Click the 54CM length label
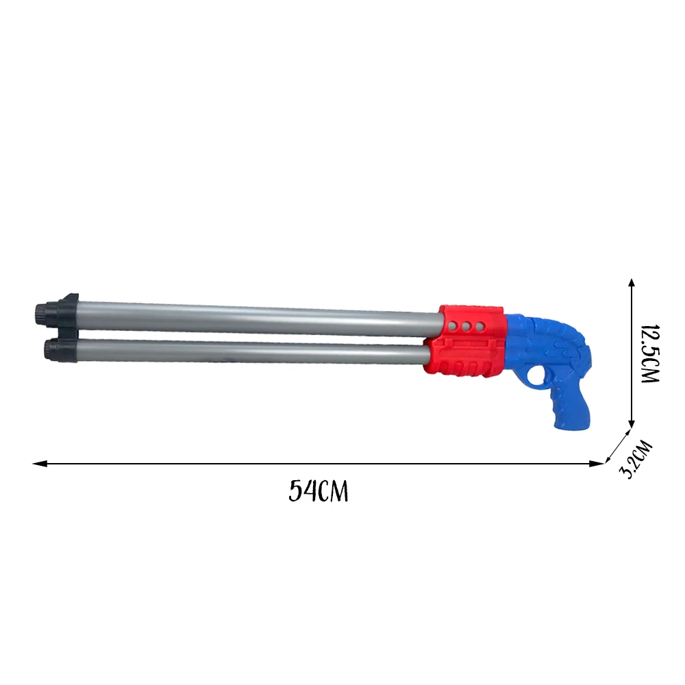pyautogui.click(x=319, y=491)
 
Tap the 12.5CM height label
pyautogui.click(x=649, y=354)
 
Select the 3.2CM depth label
pyautogui.click(x=636, y=460)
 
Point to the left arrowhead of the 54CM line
pyautogui.click(x=40, y=464)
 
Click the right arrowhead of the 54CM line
pyautogui.click(x=596, y=464)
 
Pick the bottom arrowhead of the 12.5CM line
pyautogui.click(x=632, y=423)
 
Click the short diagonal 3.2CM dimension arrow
pyautogui.click(x=618, y=446)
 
